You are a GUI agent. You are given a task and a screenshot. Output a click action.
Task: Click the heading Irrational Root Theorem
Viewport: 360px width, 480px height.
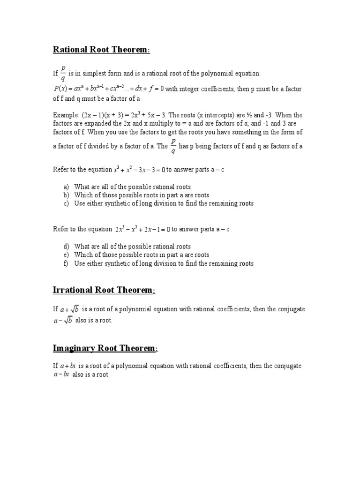(104, 290)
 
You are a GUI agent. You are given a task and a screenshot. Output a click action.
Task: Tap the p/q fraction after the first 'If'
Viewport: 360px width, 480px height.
(63, 73)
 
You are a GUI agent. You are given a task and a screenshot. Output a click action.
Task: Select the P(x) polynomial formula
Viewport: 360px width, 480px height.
(108, 89)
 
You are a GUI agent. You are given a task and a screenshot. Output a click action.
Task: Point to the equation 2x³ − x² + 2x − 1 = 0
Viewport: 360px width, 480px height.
(142, 229)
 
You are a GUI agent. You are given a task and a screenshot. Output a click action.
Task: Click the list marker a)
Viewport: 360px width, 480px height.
(66, 187)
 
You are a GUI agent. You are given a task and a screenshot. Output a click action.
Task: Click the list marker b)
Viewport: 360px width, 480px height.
(66, 195)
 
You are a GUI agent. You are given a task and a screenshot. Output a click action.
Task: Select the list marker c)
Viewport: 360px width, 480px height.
(66, 203)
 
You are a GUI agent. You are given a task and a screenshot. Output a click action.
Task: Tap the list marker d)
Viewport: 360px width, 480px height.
(66, 247)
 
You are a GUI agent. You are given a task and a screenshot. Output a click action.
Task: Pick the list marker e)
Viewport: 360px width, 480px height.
(66, 255)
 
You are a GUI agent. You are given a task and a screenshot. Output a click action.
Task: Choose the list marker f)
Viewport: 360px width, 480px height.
(66, 263)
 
